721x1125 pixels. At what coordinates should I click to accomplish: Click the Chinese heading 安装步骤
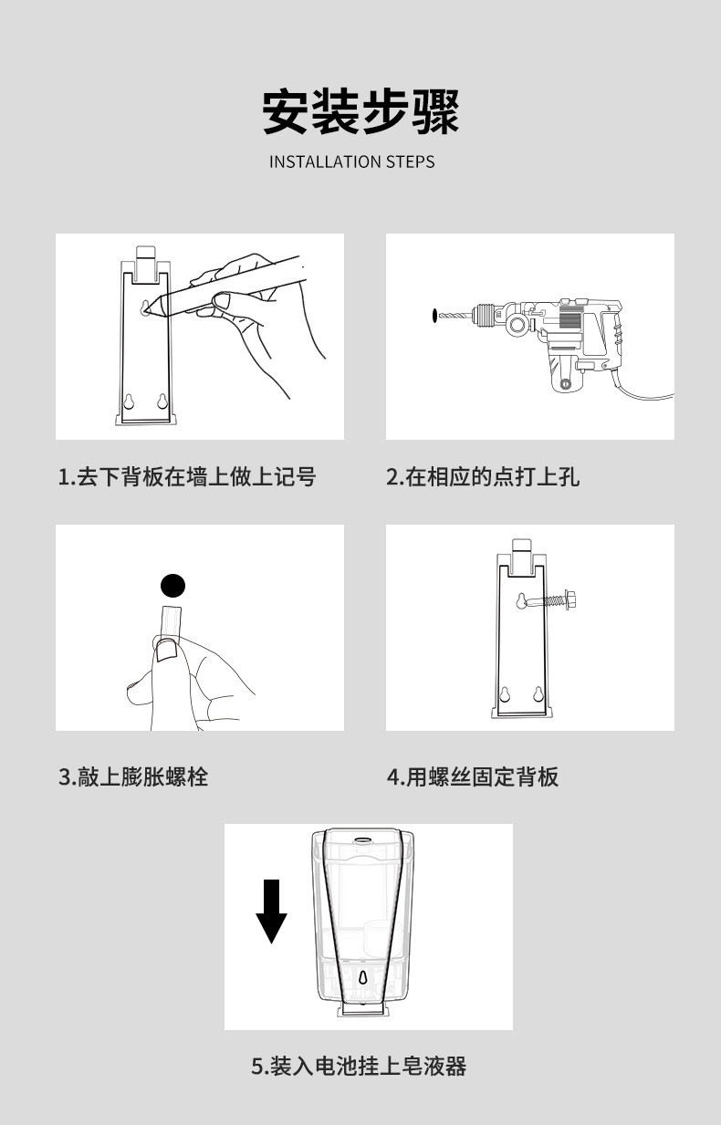click(x=360, y=111)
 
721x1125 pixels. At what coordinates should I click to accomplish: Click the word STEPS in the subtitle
click(x=411, y=162)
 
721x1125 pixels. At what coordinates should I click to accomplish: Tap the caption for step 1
click(x=187, y=476)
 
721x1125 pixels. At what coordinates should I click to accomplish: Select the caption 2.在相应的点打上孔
click(x=483, y=476)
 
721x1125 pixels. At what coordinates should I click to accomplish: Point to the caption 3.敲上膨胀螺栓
click(x=133, y=776)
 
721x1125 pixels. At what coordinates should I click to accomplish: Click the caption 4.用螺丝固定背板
click(x=472, y=776)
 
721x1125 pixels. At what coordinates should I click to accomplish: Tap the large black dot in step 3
click(x=172, y=586)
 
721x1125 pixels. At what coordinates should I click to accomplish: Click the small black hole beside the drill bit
click(x=434, y=316)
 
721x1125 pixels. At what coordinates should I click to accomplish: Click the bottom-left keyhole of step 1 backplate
click(x=129, y=401)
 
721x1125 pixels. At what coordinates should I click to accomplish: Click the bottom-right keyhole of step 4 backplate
click(x=538, y=694)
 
